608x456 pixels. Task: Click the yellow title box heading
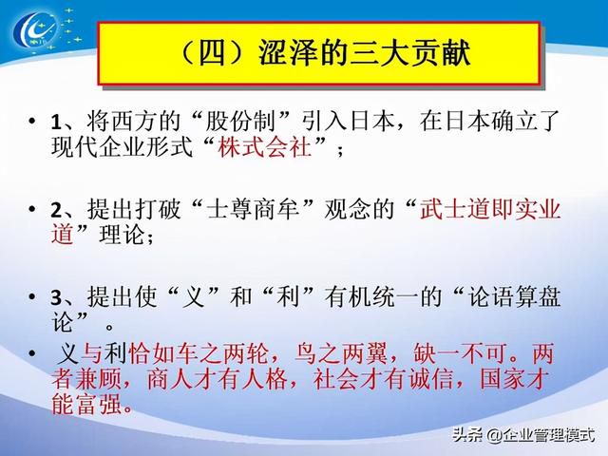[x=319, y=53]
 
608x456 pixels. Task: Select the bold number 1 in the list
[x=56, y=123]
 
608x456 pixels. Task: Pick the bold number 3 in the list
[x=56, y=297]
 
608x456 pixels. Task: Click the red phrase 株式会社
[x=265, y=147]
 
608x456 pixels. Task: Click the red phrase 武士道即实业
[x=490, y=209]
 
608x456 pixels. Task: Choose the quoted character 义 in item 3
[x=194, y=297]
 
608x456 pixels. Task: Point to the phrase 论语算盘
[x=514, y=297]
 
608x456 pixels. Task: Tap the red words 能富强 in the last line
[x=86, y=404]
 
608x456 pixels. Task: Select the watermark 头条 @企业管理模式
[x=524, y=435]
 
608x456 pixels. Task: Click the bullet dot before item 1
[x=32, y=121]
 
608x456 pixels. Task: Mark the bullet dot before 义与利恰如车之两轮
[x=32, y=353]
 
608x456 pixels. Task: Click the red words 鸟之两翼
[x=341, y=353]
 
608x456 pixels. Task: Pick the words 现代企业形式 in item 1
[x=122, y=147]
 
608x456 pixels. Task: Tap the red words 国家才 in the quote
[x=515, y=379]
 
